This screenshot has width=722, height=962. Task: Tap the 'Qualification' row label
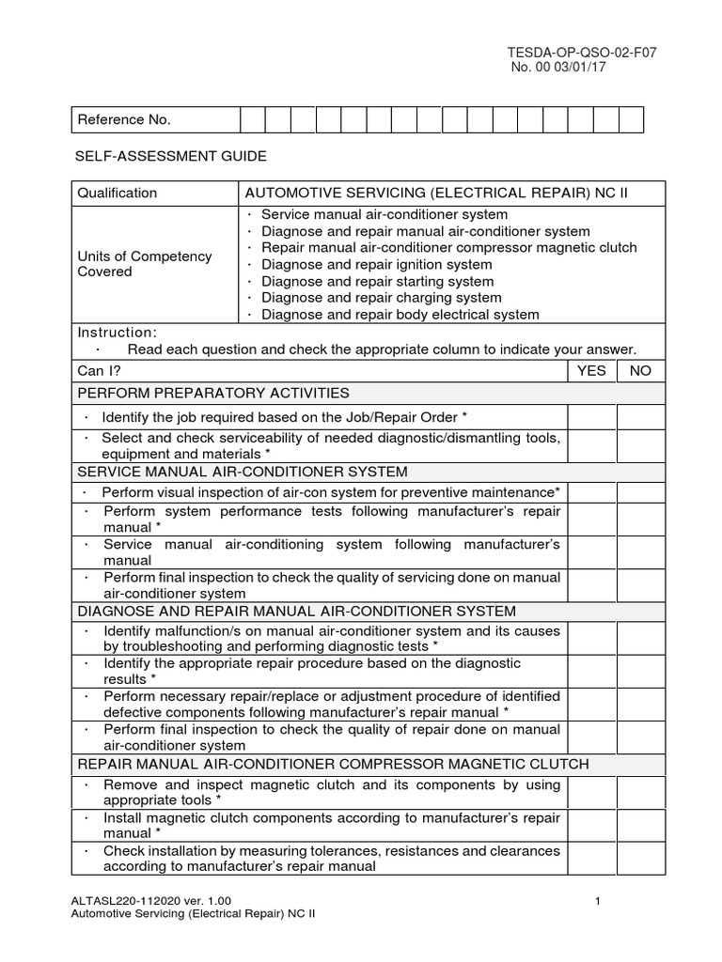(x=118, y=194)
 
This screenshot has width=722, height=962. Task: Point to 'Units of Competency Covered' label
(x=144, y=264)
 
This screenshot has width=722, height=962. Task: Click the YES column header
(x=591, y=371)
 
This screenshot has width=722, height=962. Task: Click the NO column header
(x=640, y=371)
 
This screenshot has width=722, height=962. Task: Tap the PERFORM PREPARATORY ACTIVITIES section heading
(x=213, y=393)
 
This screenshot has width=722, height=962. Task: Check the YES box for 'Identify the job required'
(x=591, y=417)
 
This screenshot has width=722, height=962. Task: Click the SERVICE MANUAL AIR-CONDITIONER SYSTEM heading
(x=243, y=472)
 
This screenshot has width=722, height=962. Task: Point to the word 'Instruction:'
(x=118, y=333)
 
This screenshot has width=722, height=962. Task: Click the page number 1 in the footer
(x=598, y=903)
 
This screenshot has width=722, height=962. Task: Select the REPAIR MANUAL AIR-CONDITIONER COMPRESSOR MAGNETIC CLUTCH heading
(x=333, y=765)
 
